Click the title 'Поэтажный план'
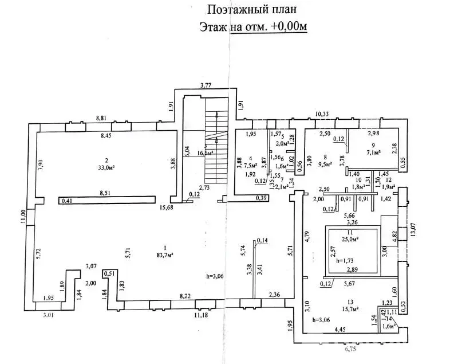coord(252,9)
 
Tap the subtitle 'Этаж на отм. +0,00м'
coord(252,26)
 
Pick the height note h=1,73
coord(346,260)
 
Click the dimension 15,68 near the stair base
coord(167,207)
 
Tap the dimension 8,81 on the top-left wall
coord(101,118)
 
